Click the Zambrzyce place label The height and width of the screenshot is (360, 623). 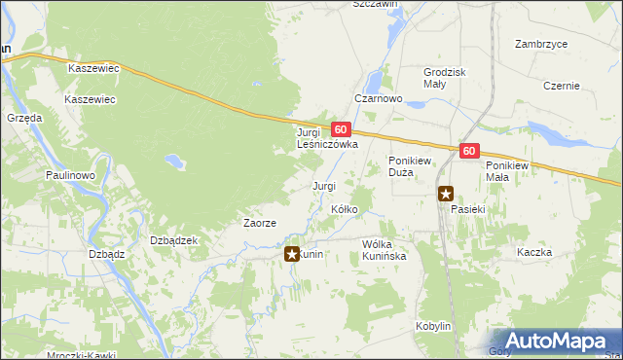(542, 44)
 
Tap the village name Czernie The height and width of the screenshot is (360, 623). (562, 86)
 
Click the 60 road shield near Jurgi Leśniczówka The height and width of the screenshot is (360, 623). (340, 128)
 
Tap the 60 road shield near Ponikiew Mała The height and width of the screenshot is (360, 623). (470, 151)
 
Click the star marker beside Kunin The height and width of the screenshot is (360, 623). (291, 254)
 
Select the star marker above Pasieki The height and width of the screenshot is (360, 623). (446, 194)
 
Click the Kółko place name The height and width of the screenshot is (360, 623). (346, 209)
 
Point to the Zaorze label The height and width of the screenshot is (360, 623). (260, 223)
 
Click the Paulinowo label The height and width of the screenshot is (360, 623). (69, 175)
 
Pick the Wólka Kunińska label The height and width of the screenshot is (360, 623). (389, 249)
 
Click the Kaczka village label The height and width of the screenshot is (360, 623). (534, 252)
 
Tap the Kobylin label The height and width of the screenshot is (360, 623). (433, 326)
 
